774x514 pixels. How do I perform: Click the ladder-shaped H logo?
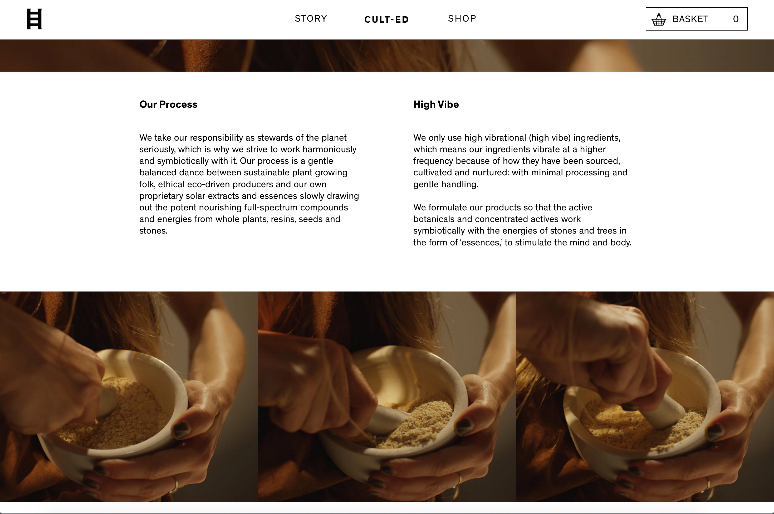point(34,19)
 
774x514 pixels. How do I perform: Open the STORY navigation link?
point(311,19)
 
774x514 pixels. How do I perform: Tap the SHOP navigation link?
point(462,19)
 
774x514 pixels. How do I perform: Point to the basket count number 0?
point(736,19)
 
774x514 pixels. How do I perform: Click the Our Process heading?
point(168,104)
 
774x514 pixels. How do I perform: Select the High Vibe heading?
point(436,104)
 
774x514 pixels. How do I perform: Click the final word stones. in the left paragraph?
point(153,231)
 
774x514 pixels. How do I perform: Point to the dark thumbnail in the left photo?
point(181,429)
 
